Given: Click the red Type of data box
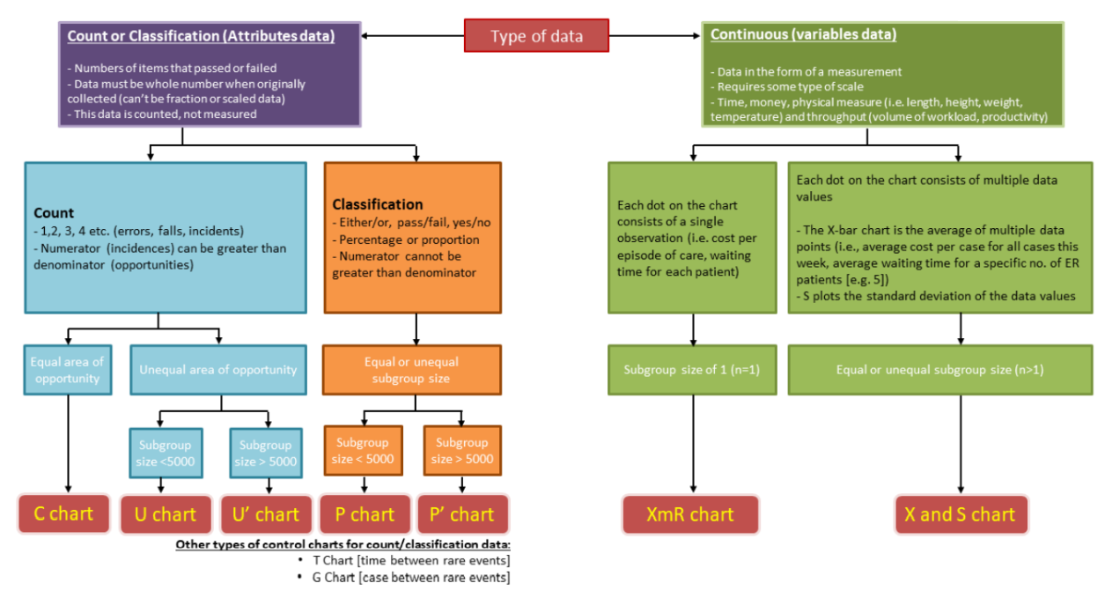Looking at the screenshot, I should click(536, 36).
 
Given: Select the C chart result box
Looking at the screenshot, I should click(63, 513).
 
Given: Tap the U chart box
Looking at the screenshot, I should click(166, 514).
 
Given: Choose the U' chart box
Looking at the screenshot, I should click(265, 514).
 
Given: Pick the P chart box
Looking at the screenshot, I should click(365, 514).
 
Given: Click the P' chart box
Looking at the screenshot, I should click(461, 514).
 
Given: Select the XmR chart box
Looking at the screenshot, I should click(691, 514).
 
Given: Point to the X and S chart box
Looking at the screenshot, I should click(960, 514).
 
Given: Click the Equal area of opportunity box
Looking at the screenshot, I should click(67, 370).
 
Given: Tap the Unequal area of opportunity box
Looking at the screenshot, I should click(218, 370).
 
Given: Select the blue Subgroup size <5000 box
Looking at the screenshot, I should click(166, 453).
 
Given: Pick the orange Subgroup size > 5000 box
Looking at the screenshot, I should click(461, 451).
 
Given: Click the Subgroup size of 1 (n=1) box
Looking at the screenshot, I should click(691, 370).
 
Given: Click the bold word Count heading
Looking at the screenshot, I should click(54, 213).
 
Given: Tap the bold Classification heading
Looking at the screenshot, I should click(377, 204).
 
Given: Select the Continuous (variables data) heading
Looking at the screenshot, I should click(802, 35).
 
